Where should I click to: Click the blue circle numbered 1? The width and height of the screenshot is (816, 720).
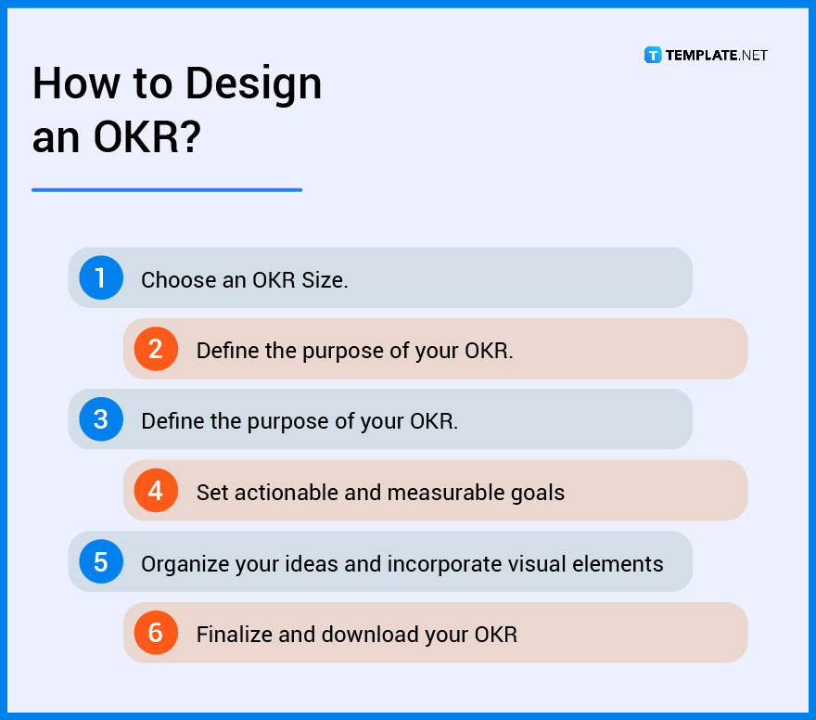(x=101, y=277)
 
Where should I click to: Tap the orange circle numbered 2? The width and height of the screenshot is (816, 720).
(x=156, y=349)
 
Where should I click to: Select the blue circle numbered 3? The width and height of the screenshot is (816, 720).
(x=101, y=419)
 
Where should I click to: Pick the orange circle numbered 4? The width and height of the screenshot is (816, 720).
(x=156, y=491)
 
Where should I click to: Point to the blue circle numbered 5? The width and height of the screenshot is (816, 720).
(x=101, y=561)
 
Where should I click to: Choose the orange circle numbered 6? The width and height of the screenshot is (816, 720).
(x=156, y=633)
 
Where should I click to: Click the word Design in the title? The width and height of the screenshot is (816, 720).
(x=253, y=84)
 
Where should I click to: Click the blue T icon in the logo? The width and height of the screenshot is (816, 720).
(x=653, y=55)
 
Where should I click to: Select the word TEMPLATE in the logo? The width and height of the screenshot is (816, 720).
(x=701, y=55)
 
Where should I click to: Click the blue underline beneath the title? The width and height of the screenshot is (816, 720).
(x=167, y=190)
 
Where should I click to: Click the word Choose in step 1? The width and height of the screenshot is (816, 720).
(x=178, y=280)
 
